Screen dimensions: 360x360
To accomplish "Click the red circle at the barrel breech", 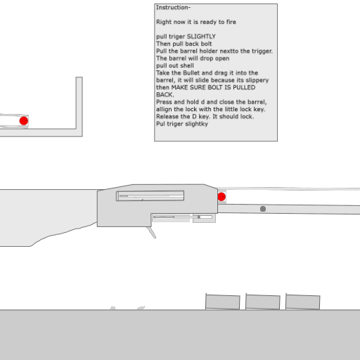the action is click(x=221, y=197).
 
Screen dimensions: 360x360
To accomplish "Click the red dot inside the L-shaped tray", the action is click(x=24, y=121).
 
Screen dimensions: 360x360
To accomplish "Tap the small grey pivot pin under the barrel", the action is click(x=263, y=209).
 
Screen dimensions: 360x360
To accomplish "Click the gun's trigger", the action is click(x=151, y=232).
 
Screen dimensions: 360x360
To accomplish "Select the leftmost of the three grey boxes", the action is click(x=223, y=302).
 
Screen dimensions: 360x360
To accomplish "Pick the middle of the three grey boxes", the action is click(x=263, y=302).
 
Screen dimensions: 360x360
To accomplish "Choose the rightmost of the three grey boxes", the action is click(x=303, y=302).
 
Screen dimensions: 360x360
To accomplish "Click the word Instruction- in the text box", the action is click(x=173, y=8).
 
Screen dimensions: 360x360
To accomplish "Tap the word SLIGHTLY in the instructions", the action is click(x=201, y=37).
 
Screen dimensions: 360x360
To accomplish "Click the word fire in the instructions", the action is click(x=231, y=22).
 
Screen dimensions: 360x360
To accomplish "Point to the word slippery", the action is click(x=257, y=80).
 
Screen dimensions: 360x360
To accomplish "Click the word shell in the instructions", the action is click(x=187, y=65).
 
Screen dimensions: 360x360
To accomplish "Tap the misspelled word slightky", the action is click(x=196, y=124).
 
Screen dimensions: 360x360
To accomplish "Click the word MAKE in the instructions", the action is click(x=179, y=87).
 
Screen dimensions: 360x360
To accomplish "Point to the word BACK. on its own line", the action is click(x=165, y=95).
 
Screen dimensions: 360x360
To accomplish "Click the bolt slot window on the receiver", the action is click(x=150, y=196).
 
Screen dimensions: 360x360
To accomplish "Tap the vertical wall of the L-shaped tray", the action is click(x=79, y=103).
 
